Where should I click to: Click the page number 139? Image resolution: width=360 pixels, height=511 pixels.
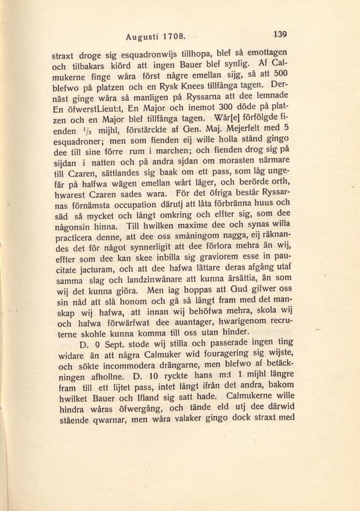[x=283, y=35]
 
